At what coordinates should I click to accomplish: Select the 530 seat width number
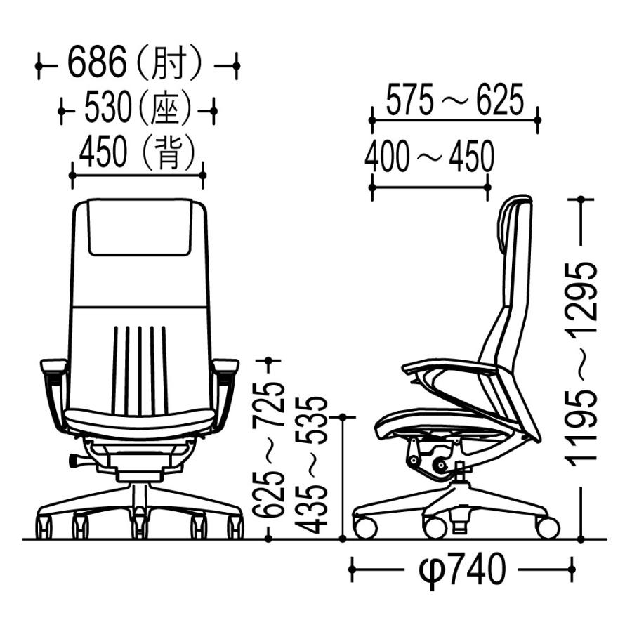pos(108,107)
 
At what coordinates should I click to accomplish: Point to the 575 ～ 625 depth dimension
pos(455,100)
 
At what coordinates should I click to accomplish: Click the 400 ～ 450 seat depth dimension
pos(429,156)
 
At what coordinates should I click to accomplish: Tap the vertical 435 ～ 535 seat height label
pos(310,466)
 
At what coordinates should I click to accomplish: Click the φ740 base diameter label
pos(462,570)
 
